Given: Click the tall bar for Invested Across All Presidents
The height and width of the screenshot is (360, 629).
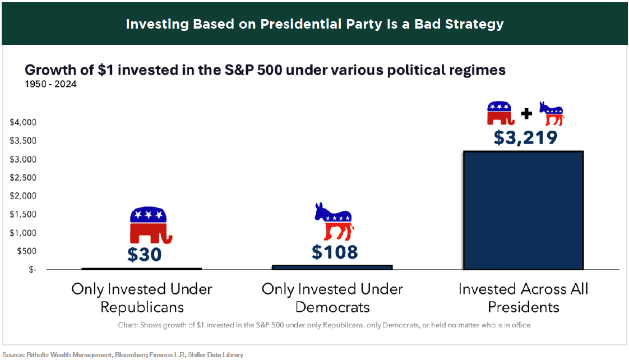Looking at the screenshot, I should pyautogui.click(x=523, y=210).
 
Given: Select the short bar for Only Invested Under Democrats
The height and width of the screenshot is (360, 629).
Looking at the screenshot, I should pyautogui.click(x=332, y=267).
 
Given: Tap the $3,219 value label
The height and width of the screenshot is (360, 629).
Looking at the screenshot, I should pyautogui.click(x=525, y=137).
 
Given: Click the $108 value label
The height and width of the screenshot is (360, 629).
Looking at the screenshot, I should pyautogui.click(x=335, y=252).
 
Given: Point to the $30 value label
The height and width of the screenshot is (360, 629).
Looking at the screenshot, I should pyautogui.click(x=144, y=255).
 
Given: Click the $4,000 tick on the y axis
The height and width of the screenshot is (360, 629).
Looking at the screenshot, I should pyautogui.click(x=24, y=123).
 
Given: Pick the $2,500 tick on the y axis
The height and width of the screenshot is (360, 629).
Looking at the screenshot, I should pyautogui.click(x=24, y=178).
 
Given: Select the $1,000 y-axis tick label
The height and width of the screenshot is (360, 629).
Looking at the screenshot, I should pyautogui.click(x=24, y=233).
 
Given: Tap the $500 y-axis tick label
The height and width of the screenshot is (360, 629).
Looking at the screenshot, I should pyautogui.click(x=26, y=251).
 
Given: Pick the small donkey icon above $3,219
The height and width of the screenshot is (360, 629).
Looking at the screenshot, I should pyautogui.click(x=551, y=114).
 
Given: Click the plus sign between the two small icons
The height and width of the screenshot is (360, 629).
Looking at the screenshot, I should pyautogui.click(x=526, y=114).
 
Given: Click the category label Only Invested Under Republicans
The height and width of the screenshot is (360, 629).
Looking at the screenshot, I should pyautogui.click(x=142, y=298).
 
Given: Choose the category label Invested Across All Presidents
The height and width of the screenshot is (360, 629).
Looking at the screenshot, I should pyautogui.click(x=523, y=298).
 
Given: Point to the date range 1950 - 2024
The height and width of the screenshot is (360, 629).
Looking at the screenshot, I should pyautogui.click(x=50, y=85).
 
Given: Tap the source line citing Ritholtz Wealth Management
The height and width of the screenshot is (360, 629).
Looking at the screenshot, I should pyautogui.click(x=123, y=355).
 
